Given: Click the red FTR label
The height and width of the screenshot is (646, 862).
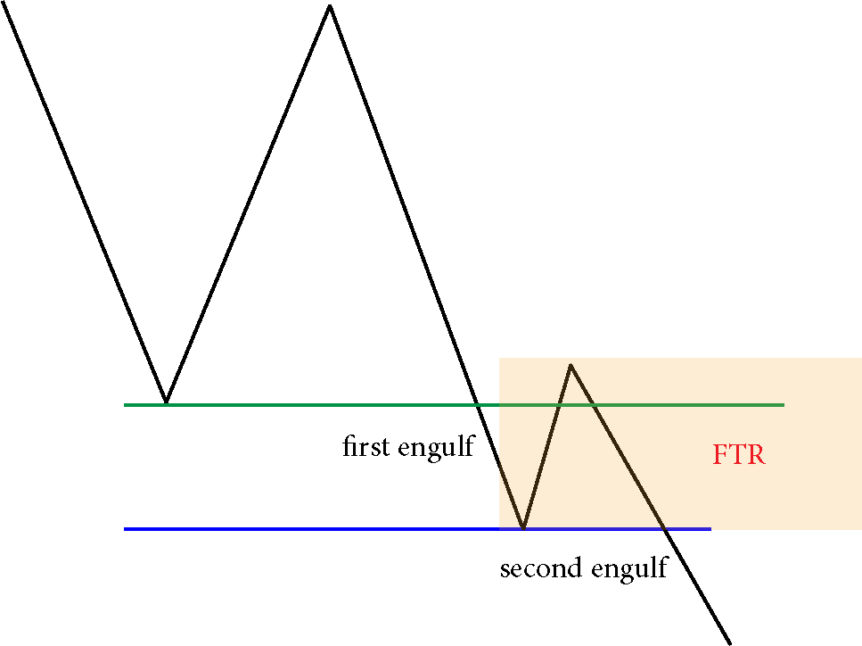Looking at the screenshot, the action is [x=739, y=455].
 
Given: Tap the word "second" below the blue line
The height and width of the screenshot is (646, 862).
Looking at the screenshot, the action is [x=541, y=567].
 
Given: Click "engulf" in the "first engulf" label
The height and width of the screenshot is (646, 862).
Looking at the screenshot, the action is [x=436, y=447].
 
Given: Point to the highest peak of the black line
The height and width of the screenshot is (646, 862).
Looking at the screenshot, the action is [x=329, y=5].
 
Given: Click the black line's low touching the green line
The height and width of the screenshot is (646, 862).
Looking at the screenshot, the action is [x=166, y=402].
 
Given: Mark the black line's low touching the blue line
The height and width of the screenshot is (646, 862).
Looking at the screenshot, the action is [x=522, y=527].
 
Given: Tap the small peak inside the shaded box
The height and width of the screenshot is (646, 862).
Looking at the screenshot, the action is [x=571, y=365].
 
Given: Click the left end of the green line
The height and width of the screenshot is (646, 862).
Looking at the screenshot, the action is [x=125, y=405].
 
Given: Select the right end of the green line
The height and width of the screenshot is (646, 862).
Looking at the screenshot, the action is [x=784, y=405].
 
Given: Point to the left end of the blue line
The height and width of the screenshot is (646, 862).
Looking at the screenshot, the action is [x=125, y=529].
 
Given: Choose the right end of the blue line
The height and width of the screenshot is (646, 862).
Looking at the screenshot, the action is [x=710, y=529].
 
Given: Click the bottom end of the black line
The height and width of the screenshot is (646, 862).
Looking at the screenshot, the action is [x=729, y=643].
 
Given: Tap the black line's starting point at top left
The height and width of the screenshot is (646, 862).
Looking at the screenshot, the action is [x=3, y=2].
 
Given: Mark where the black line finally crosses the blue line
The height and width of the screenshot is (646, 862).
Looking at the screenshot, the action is [x=664, y=529].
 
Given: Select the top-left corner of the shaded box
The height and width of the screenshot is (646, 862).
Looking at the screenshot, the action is [x=499, y=358].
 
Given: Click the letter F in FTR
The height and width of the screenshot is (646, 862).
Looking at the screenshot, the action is [x=721, y=455].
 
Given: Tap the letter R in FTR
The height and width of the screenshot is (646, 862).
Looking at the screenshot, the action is [x=756, y=455].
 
